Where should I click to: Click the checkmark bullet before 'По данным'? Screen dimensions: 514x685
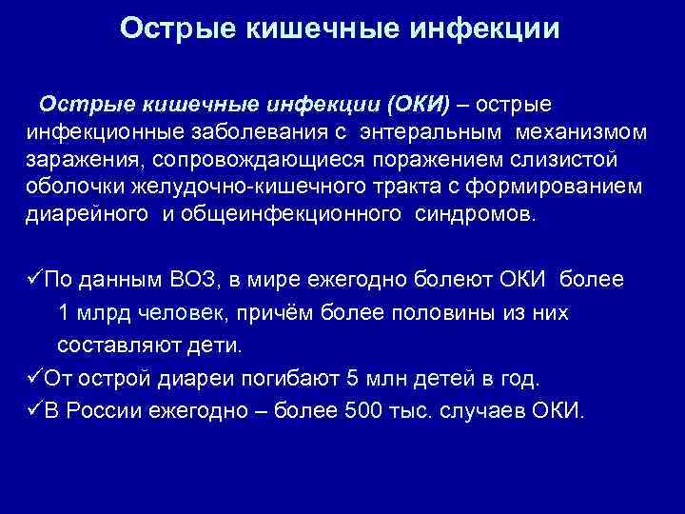34,279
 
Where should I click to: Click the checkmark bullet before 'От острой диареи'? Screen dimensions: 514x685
34,378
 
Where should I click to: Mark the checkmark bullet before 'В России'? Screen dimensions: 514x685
34,411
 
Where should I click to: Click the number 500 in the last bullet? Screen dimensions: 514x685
381,412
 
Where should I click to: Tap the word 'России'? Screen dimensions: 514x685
104,412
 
